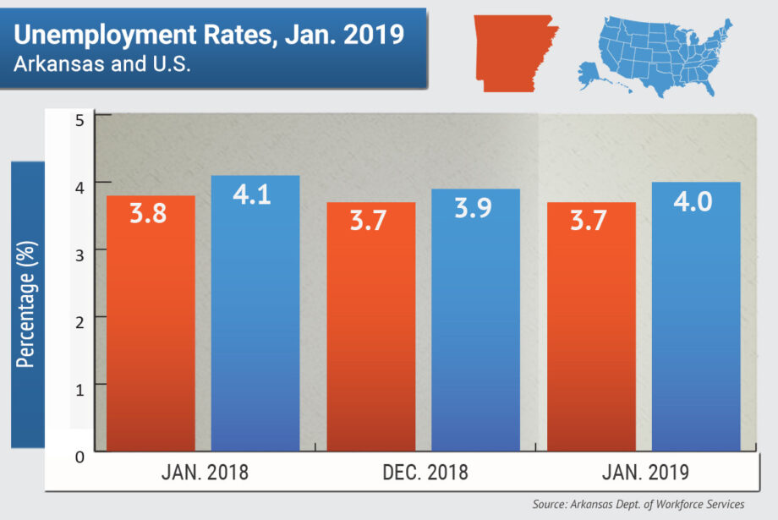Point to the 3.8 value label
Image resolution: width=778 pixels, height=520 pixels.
pos(149,212)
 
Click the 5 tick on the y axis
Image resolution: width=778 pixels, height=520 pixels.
pos(79,120)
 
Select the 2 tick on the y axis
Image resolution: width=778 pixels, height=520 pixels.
pos(79,318)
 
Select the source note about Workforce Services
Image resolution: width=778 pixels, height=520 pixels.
pos(639,505)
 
